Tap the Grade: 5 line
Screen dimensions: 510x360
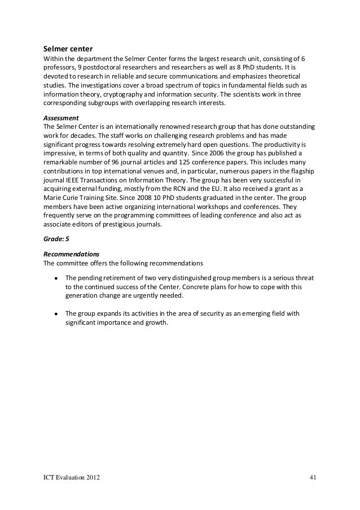coord(56,238)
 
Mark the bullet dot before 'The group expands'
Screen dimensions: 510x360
coord(56,314)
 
